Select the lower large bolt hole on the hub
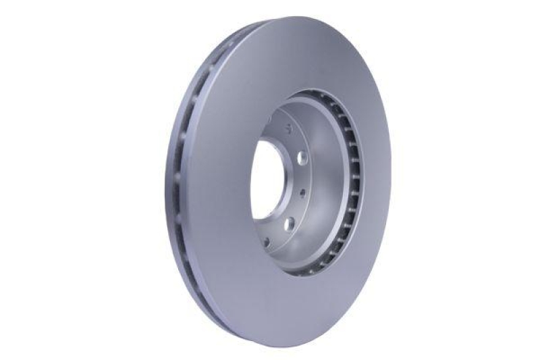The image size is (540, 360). [288, 224]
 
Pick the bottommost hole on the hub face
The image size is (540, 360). [269, 241]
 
